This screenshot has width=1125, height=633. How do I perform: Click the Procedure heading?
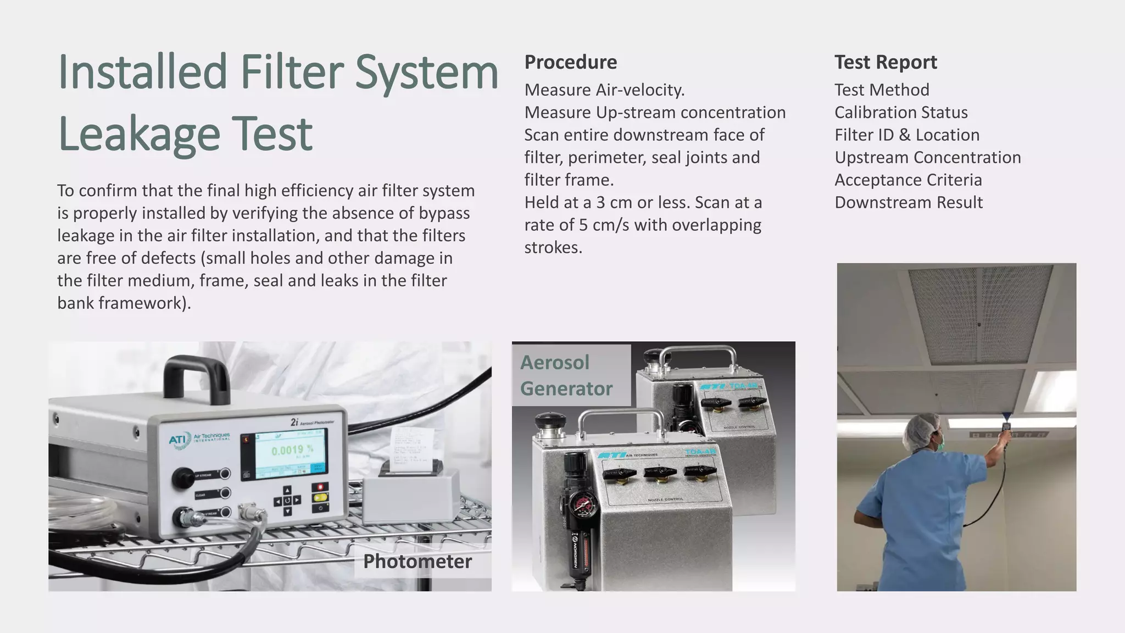570,62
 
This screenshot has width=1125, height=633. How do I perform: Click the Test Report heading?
885,62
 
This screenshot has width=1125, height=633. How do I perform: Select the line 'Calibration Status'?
901,112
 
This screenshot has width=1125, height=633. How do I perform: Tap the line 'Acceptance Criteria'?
908,180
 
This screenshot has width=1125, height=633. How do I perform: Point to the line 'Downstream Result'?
909,202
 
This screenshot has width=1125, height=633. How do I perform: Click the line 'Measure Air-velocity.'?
604,90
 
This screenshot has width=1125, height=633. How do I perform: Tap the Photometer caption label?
417,561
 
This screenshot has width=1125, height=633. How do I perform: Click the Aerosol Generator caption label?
566,375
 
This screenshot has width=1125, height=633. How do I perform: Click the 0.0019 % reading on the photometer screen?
292,450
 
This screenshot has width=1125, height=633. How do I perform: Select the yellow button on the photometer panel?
320,498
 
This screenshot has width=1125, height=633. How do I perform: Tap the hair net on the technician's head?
923,427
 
